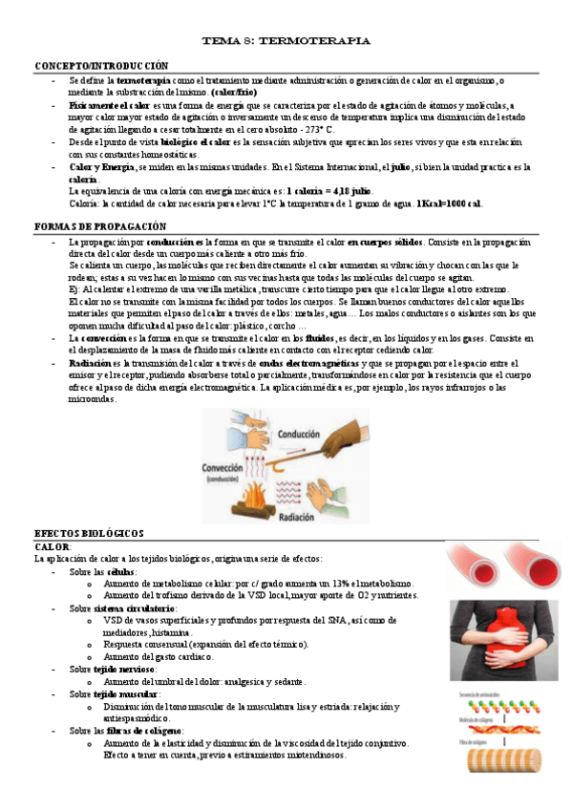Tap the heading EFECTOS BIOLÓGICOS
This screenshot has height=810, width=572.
point(89,533)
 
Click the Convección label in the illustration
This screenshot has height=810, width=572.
point(226,469)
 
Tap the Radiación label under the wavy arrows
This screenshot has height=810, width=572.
point(303,516)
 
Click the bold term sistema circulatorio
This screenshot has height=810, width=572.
point(136,607)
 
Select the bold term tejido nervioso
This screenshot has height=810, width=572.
point(124,670)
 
